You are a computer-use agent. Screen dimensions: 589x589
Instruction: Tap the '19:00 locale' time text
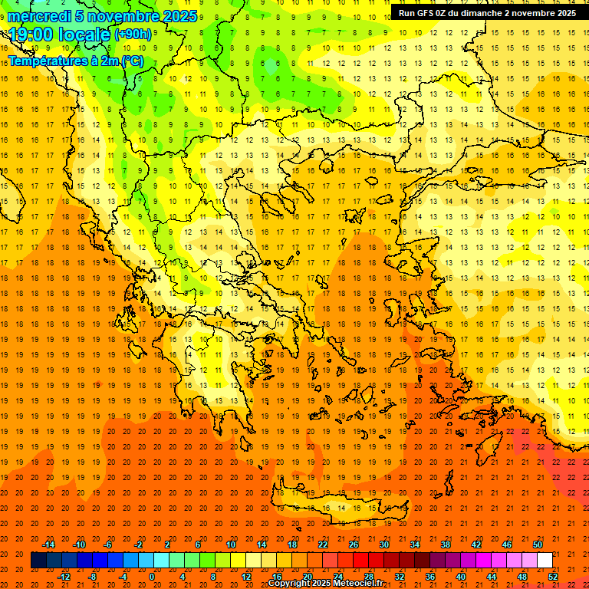60,35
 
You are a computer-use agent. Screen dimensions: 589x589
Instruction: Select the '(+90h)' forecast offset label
133,35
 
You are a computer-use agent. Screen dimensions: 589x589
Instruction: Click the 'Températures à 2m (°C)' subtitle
75,61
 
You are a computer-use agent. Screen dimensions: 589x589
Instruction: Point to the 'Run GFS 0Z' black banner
488,13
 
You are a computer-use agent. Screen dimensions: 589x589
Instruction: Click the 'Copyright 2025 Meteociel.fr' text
324,584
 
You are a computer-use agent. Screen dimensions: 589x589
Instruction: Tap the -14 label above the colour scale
48,545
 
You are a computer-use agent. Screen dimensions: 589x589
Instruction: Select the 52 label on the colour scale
554,577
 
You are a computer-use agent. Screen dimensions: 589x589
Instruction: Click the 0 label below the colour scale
152,577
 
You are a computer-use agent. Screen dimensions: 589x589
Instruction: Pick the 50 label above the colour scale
538,545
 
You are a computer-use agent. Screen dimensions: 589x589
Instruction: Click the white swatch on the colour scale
545,561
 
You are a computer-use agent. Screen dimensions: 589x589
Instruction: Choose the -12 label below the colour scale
64,577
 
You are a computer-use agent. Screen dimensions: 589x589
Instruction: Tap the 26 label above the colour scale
354,545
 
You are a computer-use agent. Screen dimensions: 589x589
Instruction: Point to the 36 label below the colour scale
430,577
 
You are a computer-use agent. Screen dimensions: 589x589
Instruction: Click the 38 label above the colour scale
446,545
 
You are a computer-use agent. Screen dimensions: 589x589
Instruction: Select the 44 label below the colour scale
492,577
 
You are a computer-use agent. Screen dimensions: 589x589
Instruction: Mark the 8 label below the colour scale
213,577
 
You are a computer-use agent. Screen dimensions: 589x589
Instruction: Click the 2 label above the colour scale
167,545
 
